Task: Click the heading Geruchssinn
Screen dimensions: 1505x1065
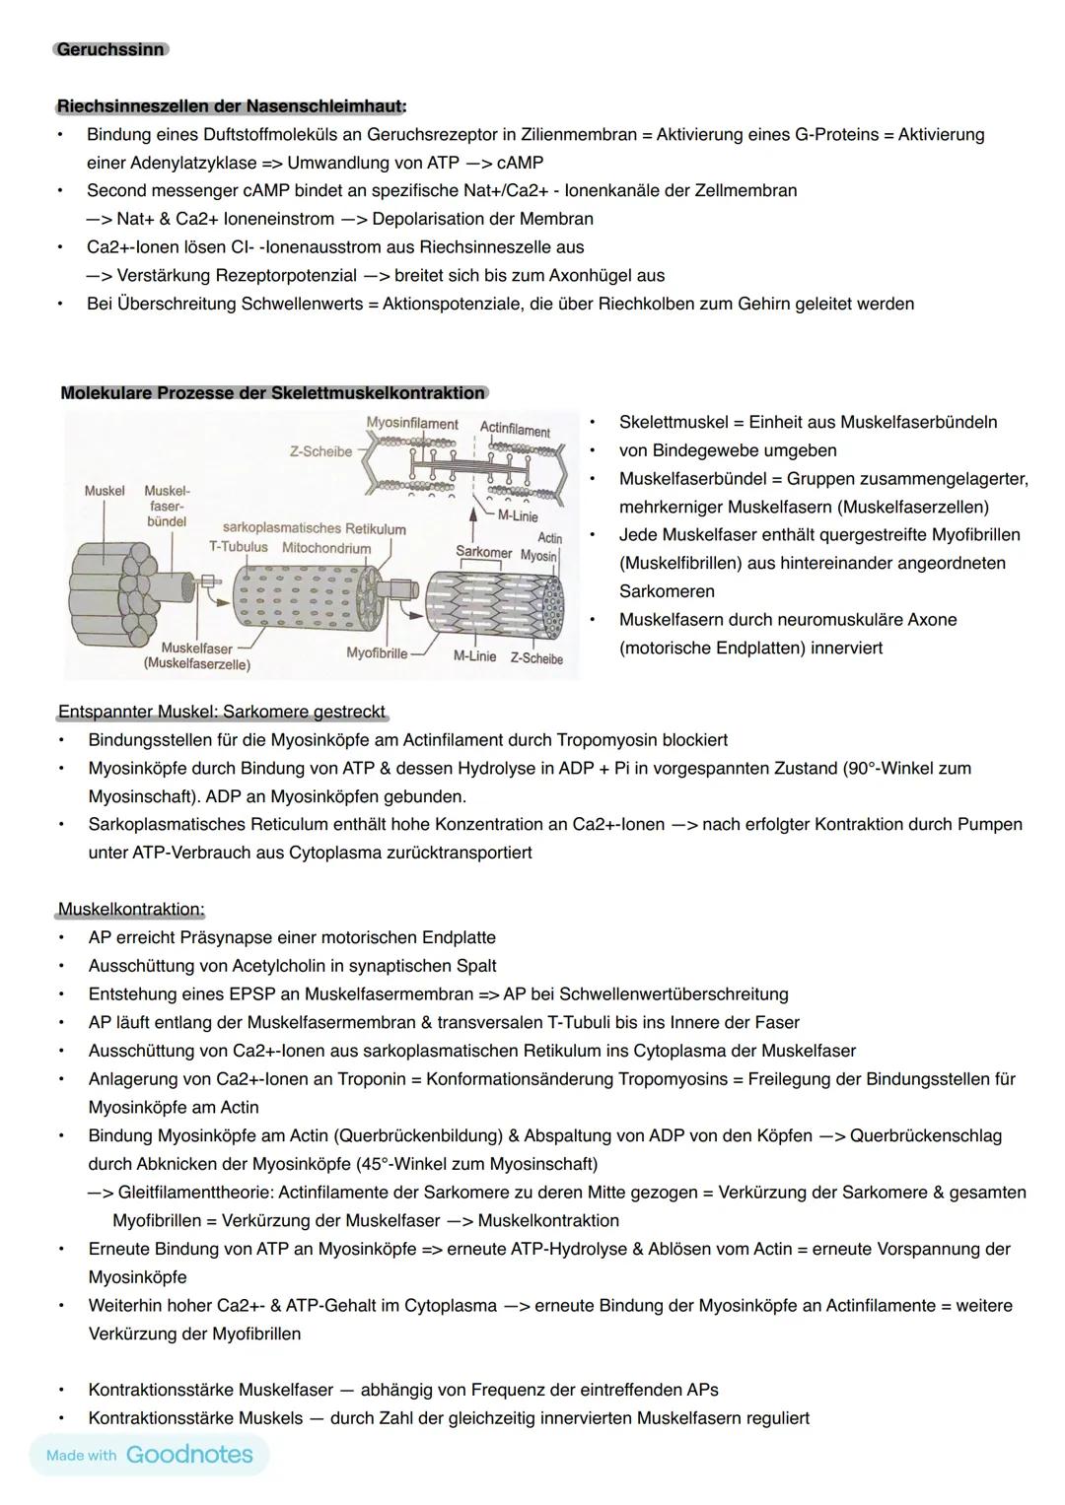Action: coord(110,49)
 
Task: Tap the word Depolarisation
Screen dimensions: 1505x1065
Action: coord(429,219)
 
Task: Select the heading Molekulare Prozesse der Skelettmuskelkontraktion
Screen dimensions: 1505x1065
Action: coord(273,393)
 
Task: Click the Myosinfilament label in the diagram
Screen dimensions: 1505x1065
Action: coord(412,424)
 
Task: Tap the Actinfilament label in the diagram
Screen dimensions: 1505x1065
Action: coord(515,430)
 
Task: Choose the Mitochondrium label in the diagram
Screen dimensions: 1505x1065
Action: coord(326,548)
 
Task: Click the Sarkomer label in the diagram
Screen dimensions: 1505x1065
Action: coord(483,552)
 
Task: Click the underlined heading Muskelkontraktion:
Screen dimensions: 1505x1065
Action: coord(131,909)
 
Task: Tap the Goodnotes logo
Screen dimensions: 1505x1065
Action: coord(189,1455)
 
